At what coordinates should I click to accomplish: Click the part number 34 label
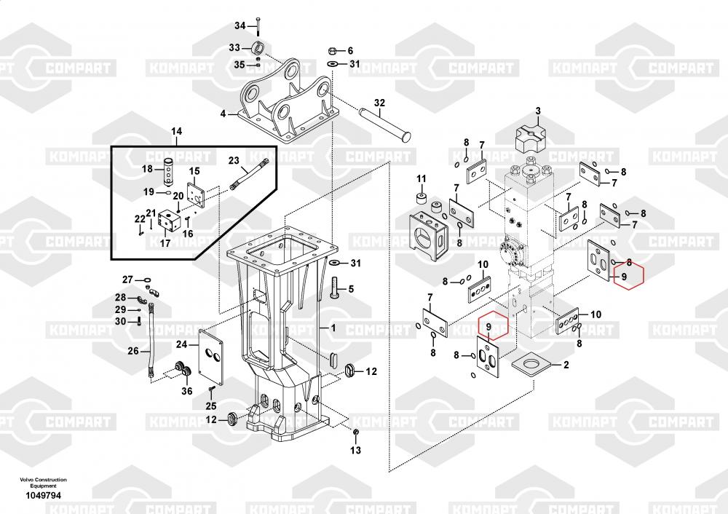[240, 26]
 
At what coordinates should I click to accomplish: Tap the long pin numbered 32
[385, 122]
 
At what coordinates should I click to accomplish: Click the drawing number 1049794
[41, 496]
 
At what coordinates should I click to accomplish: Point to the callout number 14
[177, 131]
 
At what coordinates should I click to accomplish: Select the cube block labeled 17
[170, 221]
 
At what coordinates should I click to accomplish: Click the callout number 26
[133, 351]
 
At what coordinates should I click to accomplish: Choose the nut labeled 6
[331, 52]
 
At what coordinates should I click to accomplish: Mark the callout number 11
[421, 178]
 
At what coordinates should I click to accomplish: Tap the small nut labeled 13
[355, 434]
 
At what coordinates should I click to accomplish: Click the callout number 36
[187, 391]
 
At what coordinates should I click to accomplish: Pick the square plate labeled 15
[195, 191]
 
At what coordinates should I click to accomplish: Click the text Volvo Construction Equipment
[43, 482]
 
